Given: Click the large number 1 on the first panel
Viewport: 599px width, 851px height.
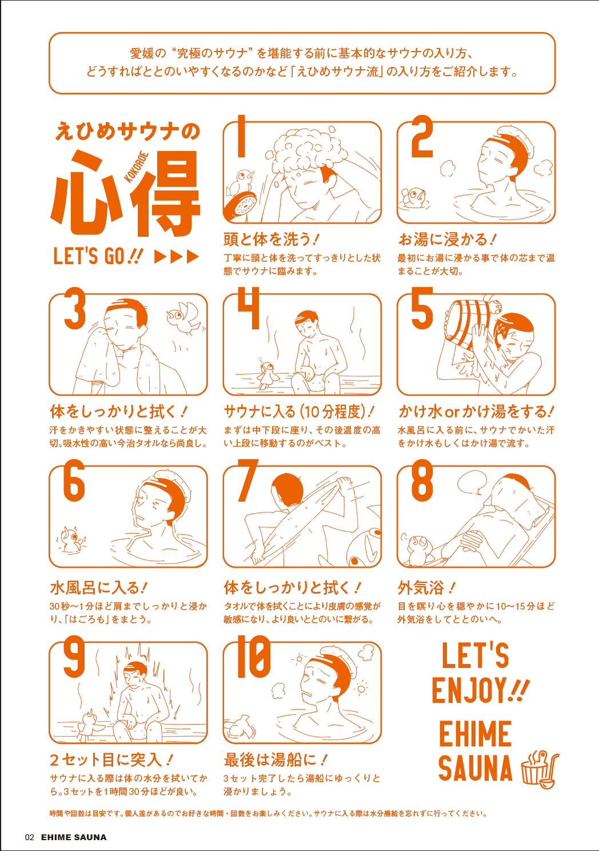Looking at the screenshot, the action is tap(241, 136).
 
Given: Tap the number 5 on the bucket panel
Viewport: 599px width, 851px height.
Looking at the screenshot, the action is tap(422, 308).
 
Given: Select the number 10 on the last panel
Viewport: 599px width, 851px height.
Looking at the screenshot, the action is tap(254, 657).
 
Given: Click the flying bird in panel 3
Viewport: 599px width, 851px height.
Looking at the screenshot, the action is tap(185, 318).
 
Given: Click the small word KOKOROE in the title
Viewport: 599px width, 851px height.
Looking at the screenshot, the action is tap(136, 167).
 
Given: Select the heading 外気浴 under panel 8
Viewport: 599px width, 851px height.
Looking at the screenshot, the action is tap(421, 588).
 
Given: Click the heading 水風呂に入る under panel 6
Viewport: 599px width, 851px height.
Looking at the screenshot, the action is tap(95, 588).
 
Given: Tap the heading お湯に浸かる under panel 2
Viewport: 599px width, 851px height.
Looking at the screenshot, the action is tap(442, 239).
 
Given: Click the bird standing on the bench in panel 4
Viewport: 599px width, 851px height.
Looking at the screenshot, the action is tap(267, 375).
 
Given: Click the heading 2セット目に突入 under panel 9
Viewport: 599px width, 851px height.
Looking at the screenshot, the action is tap(106, 760).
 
